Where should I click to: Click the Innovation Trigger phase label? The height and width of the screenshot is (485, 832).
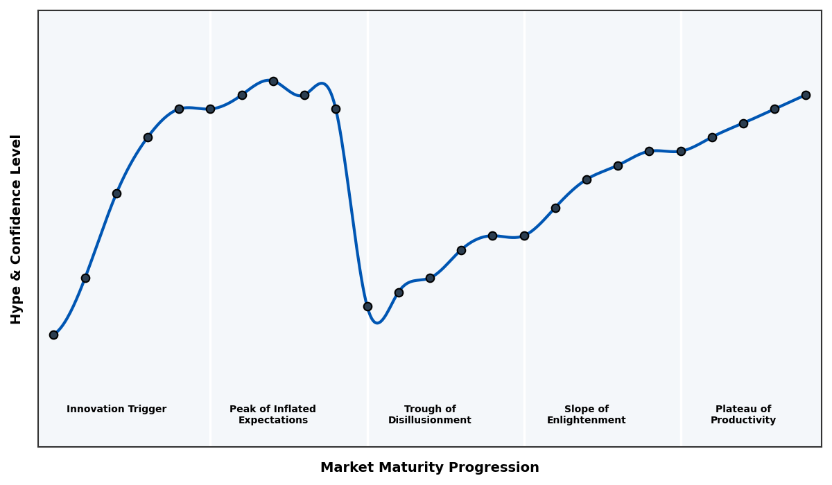[116, 409]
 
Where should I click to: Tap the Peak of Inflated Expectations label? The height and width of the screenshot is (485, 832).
[272, 414]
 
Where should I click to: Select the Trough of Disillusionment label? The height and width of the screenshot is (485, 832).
[430, 414]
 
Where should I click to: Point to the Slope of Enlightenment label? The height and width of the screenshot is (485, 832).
[586, 414]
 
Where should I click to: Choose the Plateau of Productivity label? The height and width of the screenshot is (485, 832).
[743, 414]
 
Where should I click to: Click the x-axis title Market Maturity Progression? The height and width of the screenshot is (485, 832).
[429, 468]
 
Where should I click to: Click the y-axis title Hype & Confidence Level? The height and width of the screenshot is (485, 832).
[17, 229]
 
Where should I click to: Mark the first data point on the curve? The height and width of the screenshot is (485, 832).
[53, 335]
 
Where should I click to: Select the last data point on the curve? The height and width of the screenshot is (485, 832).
[806, 95]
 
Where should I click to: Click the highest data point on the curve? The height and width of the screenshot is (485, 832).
[273, 81]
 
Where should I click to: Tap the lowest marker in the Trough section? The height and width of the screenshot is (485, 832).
[367, 306]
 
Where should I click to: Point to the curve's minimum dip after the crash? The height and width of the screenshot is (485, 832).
[376, 323]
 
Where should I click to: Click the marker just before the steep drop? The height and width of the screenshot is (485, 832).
[336, 109]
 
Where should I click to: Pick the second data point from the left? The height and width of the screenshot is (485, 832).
[85, 278]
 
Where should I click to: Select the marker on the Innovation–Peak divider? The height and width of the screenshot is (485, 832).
[210, 109]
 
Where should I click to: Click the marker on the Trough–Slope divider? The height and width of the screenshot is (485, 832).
[524, 236]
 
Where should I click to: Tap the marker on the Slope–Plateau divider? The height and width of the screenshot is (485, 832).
[681, 151]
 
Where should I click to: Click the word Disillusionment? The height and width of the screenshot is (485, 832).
[430, 421]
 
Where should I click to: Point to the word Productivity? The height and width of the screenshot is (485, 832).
[743, 421]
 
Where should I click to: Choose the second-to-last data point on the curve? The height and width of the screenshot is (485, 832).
[774, 109]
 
